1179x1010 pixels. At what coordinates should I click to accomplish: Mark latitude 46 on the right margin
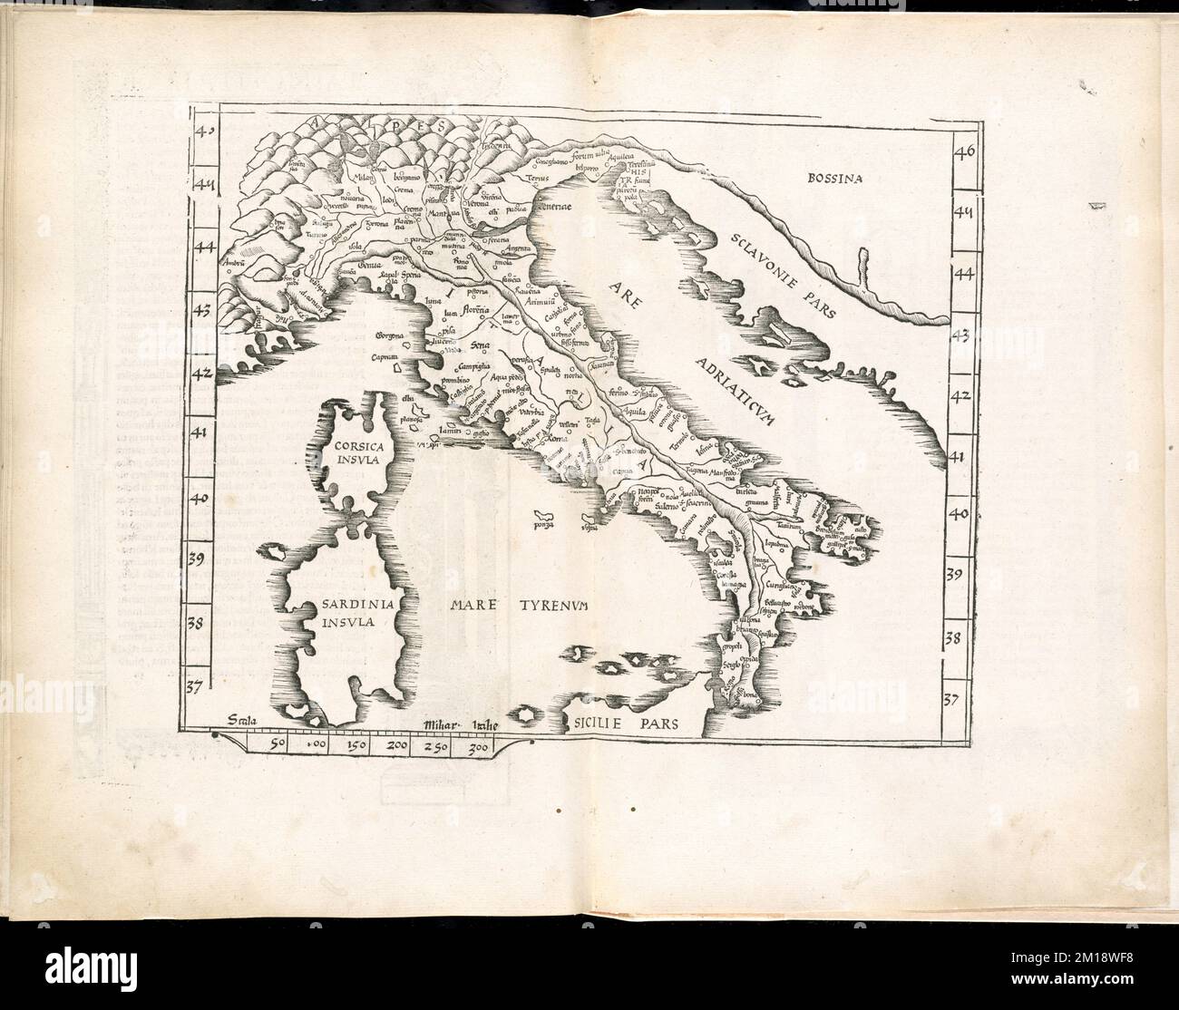(962, 151)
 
